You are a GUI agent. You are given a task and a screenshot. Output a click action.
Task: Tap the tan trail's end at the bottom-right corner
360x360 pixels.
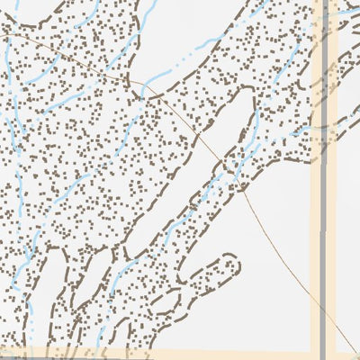coord(357,357)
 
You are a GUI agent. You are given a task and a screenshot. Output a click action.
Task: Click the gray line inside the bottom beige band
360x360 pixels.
coord(323,352)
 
